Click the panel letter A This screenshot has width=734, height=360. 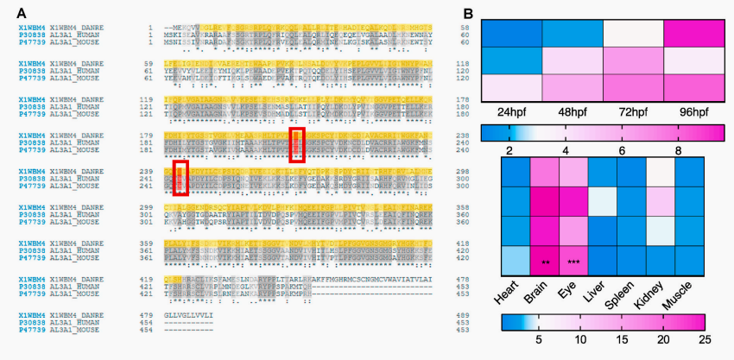(x=20, y=11)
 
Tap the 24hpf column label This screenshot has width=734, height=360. (x=513, y=113)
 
